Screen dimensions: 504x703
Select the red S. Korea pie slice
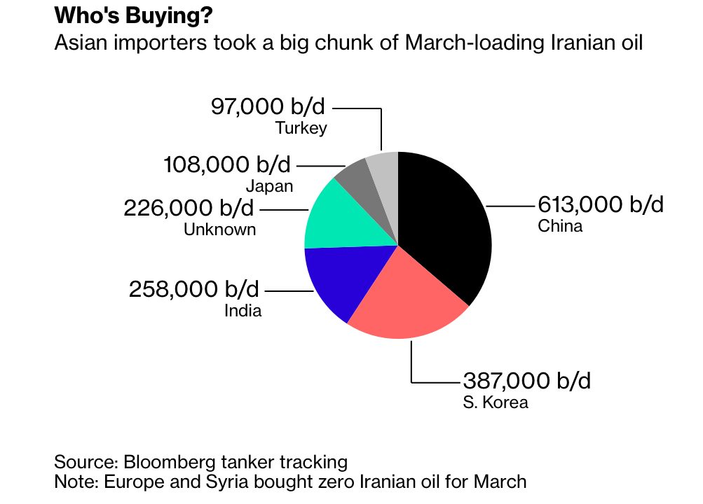click(x=407, y=301)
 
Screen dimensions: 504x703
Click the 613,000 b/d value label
click(x=600, y=205)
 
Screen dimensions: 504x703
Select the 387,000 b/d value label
click(x=526, y=381)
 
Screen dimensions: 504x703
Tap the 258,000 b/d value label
click(x=193, y=288)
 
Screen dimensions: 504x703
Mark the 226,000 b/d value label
click(x=189, y=208)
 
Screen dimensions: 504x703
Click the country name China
click(x=560, y=226)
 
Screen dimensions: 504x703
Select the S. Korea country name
click(x=495, y=402)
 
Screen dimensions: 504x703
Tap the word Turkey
click(x=301, y=128)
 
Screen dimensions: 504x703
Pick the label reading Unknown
click(x=219, y=229)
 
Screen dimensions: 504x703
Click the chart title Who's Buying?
click(x=134, y=15)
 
